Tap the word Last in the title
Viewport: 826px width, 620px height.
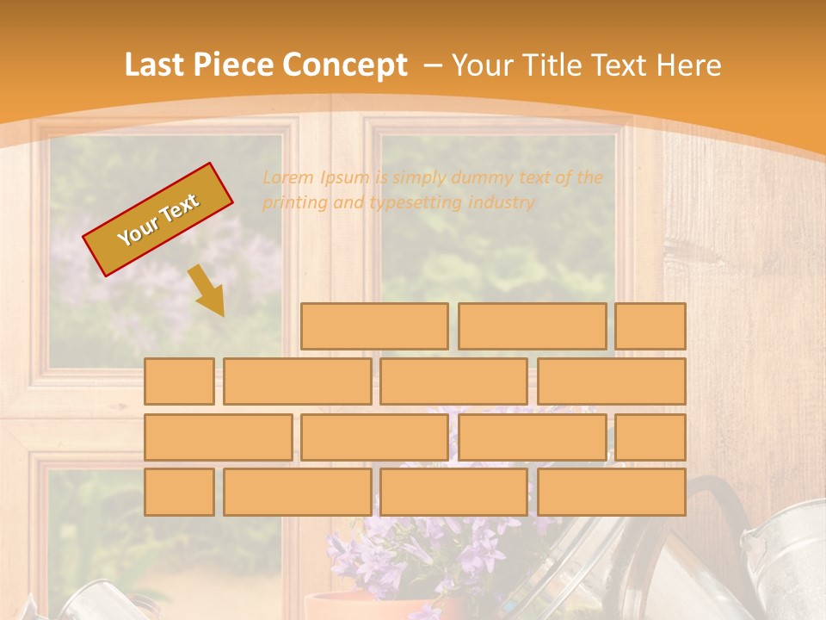click(x=157, y=65)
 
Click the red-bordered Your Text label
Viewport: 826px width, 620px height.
click(x=157, y=220)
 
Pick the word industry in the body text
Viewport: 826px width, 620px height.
click(x=502, y=203)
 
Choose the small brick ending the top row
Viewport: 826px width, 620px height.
click(x=650, y=326)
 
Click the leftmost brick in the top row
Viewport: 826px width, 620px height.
click(x=374, y=326)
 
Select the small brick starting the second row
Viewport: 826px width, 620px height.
click(x=179, y=381)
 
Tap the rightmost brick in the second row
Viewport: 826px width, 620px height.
click(x=612, y=381)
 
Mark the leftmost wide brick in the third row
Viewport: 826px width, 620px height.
click(x=218, y=437)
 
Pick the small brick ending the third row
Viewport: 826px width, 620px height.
click(x=650, y=437)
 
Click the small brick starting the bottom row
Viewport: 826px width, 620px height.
click(x=179, y=492)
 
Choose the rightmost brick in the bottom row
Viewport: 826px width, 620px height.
click(x=612, y=492)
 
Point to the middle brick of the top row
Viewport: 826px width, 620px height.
click(x=532, y=326)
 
